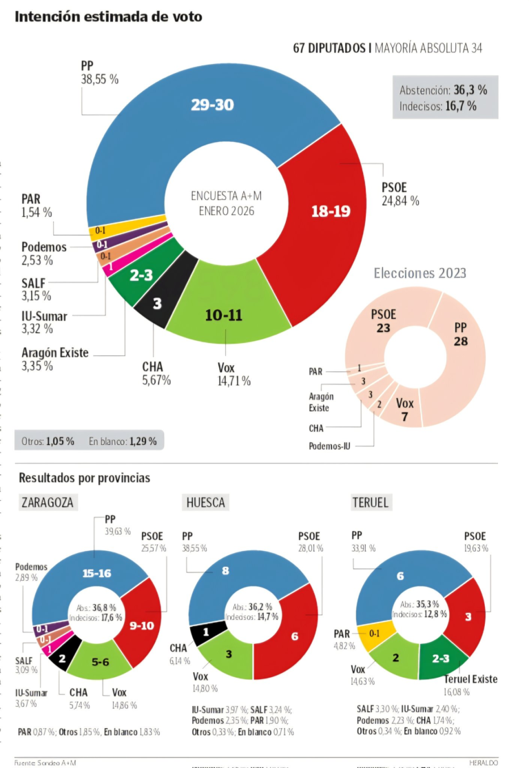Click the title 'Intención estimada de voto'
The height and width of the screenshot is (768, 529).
[108, 17]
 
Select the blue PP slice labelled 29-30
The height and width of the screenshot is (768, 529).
[212, 105]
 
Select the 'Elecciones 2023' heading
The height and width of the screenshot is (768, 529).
[419, 273]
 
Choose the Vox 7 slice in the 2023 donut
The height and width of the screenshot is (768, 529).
[406, 410]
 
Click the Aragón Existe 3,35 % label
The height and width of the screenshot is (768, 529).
[55, 359]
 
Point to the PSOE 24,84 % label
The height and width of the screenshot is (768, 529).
[400, 194]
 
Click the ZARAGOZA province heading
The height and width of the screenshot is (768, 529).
[47, 502]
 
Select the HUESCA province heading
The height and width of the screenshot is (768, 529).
[205, 502]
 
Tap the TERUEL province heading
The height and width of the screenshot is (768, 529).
[370, 502]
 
